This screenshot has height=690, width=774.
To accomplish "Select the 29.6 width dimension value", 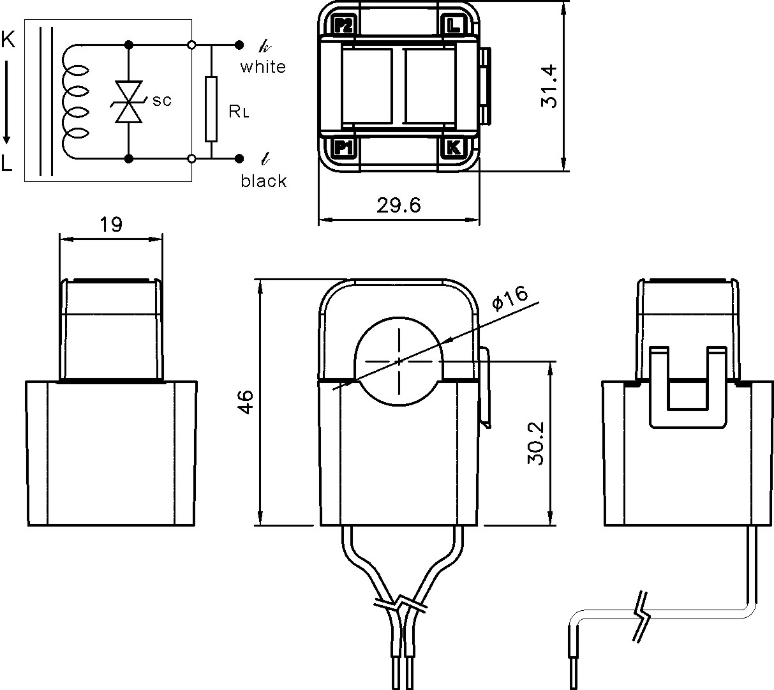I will (398, 205).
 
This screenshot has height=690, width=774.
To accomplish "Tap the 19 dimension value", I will (110, 225).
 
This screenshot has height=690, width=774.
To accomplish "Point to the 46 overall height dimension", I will (246, 402).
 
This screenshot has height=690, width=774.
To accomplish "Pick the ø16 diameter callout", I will (510, 297).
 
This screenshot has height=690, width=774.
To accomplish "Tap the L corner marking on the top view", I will (452, 26).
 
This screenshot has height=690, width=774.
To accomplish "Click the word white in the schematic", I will (263, 67).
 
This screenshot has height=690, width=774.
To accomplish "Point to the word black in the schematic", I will (264, 181).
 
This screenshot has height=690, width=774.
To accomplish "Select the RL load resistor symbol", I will (211, 109).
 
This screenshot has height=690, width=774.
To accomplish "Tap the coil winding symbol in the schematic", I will (75, 101).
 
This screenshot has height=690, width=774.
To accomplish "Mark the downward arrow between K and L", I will (7, 102).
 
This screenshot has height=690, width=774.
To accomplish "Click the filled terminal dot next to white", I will (239, 45).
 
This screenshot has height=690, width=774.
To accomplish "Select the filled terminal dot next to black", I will (239, 158).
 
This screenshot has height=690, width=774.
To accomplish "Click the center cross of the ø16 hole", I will (399, 361).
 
